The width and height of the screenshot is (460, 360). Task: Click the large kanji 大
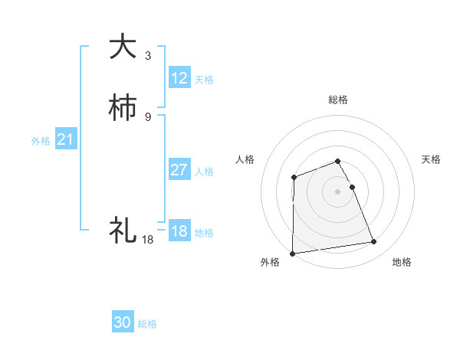click(x=123, y=47)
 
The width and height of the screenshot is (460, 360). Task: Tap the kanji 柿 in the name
click(x=123, y=108)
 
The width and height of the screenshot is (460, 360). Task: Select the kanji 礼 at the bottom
click(x=123, y=229)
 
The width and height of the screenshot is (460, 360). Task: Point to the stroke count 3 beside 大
click(x=148, y=56)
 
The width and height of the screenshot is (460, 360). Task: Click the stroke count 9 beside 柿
click(x=148, y=116)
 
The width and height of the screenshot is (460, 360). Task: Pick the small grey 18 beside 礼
click(x=147, y=240)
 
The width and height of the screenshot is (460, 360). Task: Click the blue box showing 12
click(x=179, y=78)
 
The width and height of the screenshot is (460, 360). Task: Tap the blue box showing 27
click(x=179, y=170)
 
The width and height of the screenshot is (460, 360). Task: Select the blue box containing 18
click(x=179, y=232)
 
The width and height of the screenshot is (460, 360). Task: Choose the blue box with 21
click(x=66, y=140)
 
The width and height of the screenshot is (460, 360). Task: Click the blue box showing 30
click(x=123, y=322)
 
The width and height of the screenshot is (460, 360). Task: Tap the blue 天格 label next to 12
click(x=204, y=80)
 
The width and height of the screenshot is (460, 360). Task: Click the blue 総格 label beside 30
click(x=147, y=324)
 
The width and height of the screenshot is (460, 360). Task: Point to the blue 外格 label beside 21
click(x=41, y=141)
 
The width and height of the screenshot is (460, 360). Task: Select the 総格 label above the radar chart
click(x=338, y=100)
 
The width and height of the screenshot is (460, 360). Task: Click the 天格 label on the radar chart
click(x=431, y=159)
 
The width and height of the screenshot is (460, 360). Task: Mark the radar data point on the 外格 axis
click(x=293, y=254)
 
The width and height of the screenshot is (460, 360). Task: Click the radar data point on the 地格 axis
click(x=374, y=242)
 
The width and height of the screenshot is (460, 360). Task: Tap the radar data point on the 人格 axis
click(x=294, y=178)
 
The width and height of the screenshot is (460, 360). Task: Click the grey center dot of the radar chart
click(x=338, y=191)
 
